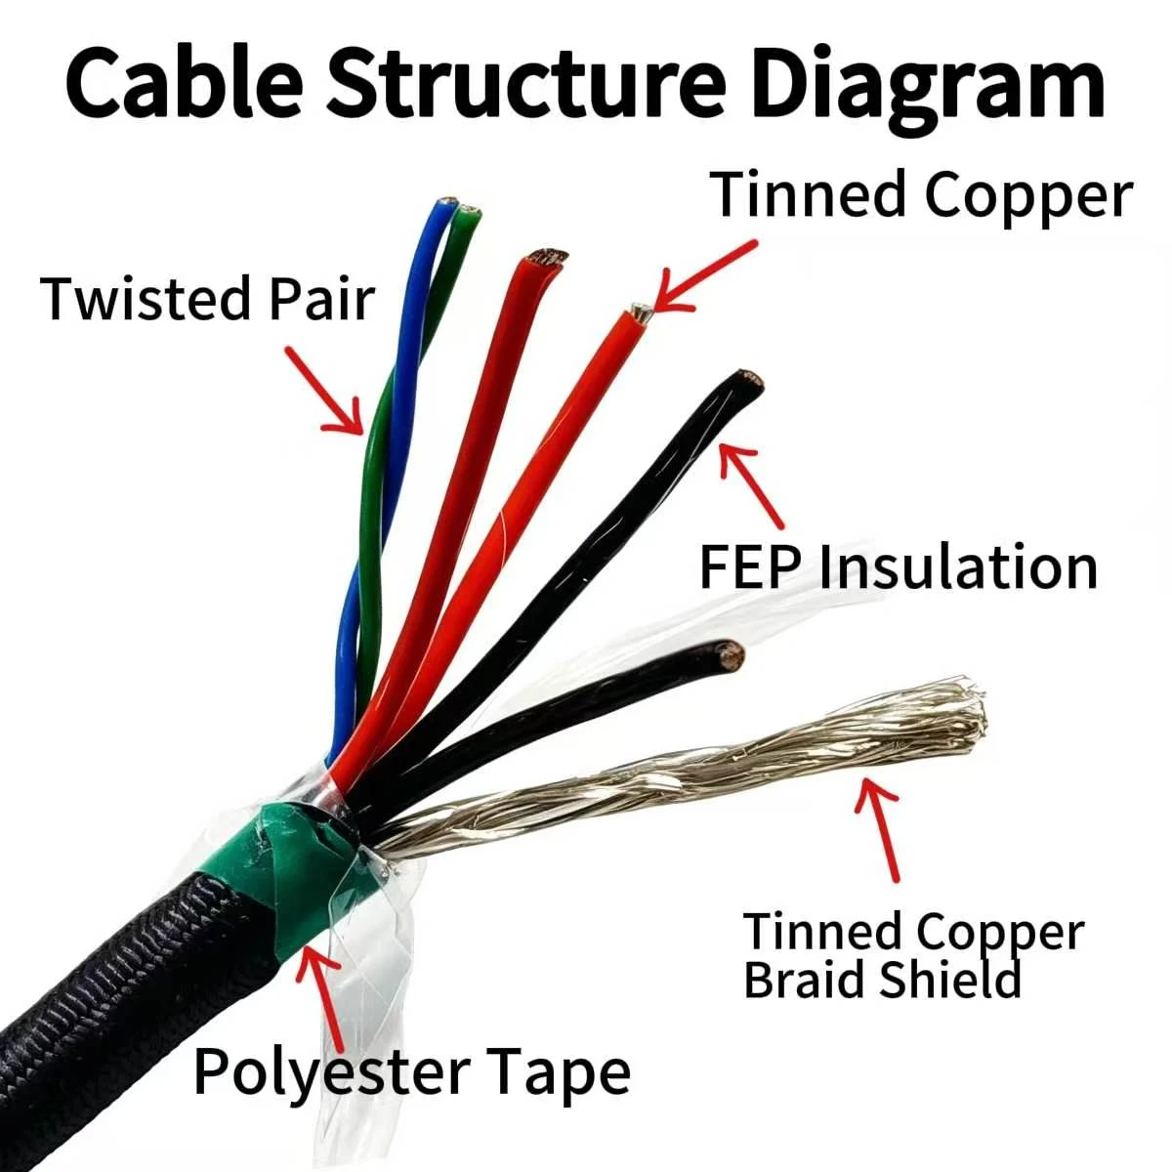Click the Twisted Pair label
207,298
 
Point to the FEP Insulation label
899,566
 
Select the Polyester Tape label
412,1072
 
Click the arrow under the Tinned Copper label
705,275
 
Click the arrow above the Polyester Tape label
321,999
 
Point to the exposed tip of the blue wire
448,201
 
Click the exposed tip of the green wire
470,211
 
